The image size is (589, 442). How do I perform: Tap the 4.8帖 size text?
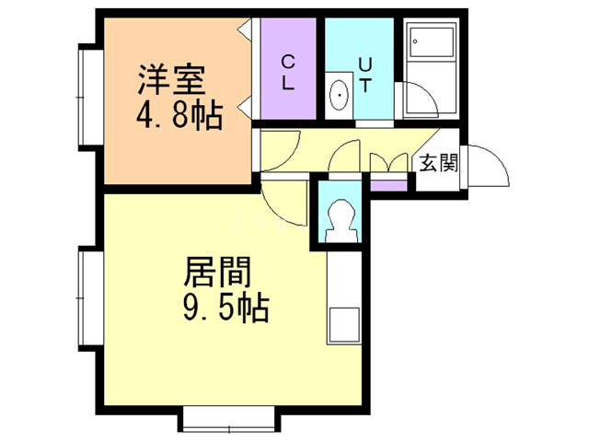click(179, 117)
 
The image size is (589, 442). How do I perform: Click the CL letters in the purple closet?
click(288, 73)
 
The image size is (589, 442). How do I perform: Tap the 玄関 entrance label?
click(439, 165)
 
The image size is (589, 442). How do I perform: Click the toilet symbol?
click(342, 220)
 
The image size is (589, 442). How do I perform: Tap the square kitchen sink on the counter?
click(344, 328)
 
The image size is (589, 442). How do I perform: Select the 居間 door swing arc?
click(281, 203)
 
